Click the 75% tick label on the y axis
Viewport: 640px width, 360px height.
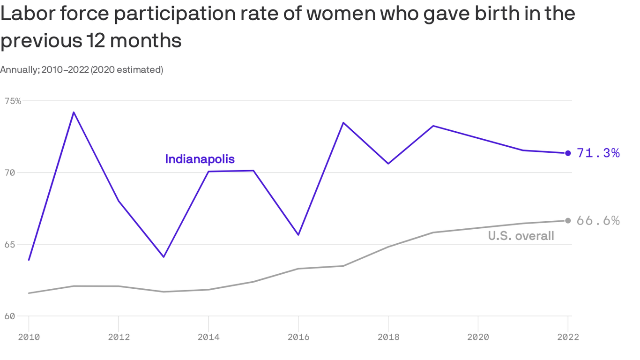point(13,101)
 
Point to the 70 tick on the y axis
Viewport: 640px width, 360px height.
point(10,172)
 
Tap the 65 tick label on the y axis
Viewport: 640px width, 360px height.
point(10,244)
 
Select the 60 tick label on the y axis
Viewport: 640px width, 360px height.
point(10,316)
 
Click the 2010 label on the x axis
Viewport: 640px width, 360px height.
point(29,337)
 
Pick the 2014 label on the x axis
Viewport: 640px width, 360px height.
point(208,337)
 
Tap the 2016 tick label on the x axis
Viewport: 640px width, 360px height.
point(298,337)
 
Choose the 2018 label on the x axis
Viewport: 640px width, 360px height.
point(388,337)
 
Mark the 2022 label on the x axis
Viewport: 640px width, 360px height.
point(568,337)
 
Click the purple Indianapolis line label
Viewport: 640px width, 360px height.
point(200,159)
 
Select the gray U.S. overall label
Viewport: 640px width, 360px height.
point(521,236)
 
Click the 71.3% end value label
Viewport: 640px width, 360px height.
point(598,153)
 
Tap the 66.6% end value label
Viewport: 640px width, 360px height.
point(598,221)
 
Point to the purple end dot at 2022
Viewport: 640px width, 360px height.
point(568,153)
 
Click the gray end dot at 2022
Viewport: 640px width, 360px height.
point(568,220)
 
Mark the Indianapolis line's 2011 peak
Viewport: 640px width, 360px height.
point(74,112)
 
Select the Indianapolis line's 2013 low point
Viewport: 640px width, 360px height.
point(164,257)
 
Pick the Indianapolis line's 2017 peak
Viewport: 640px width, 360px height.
point(343,123)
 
